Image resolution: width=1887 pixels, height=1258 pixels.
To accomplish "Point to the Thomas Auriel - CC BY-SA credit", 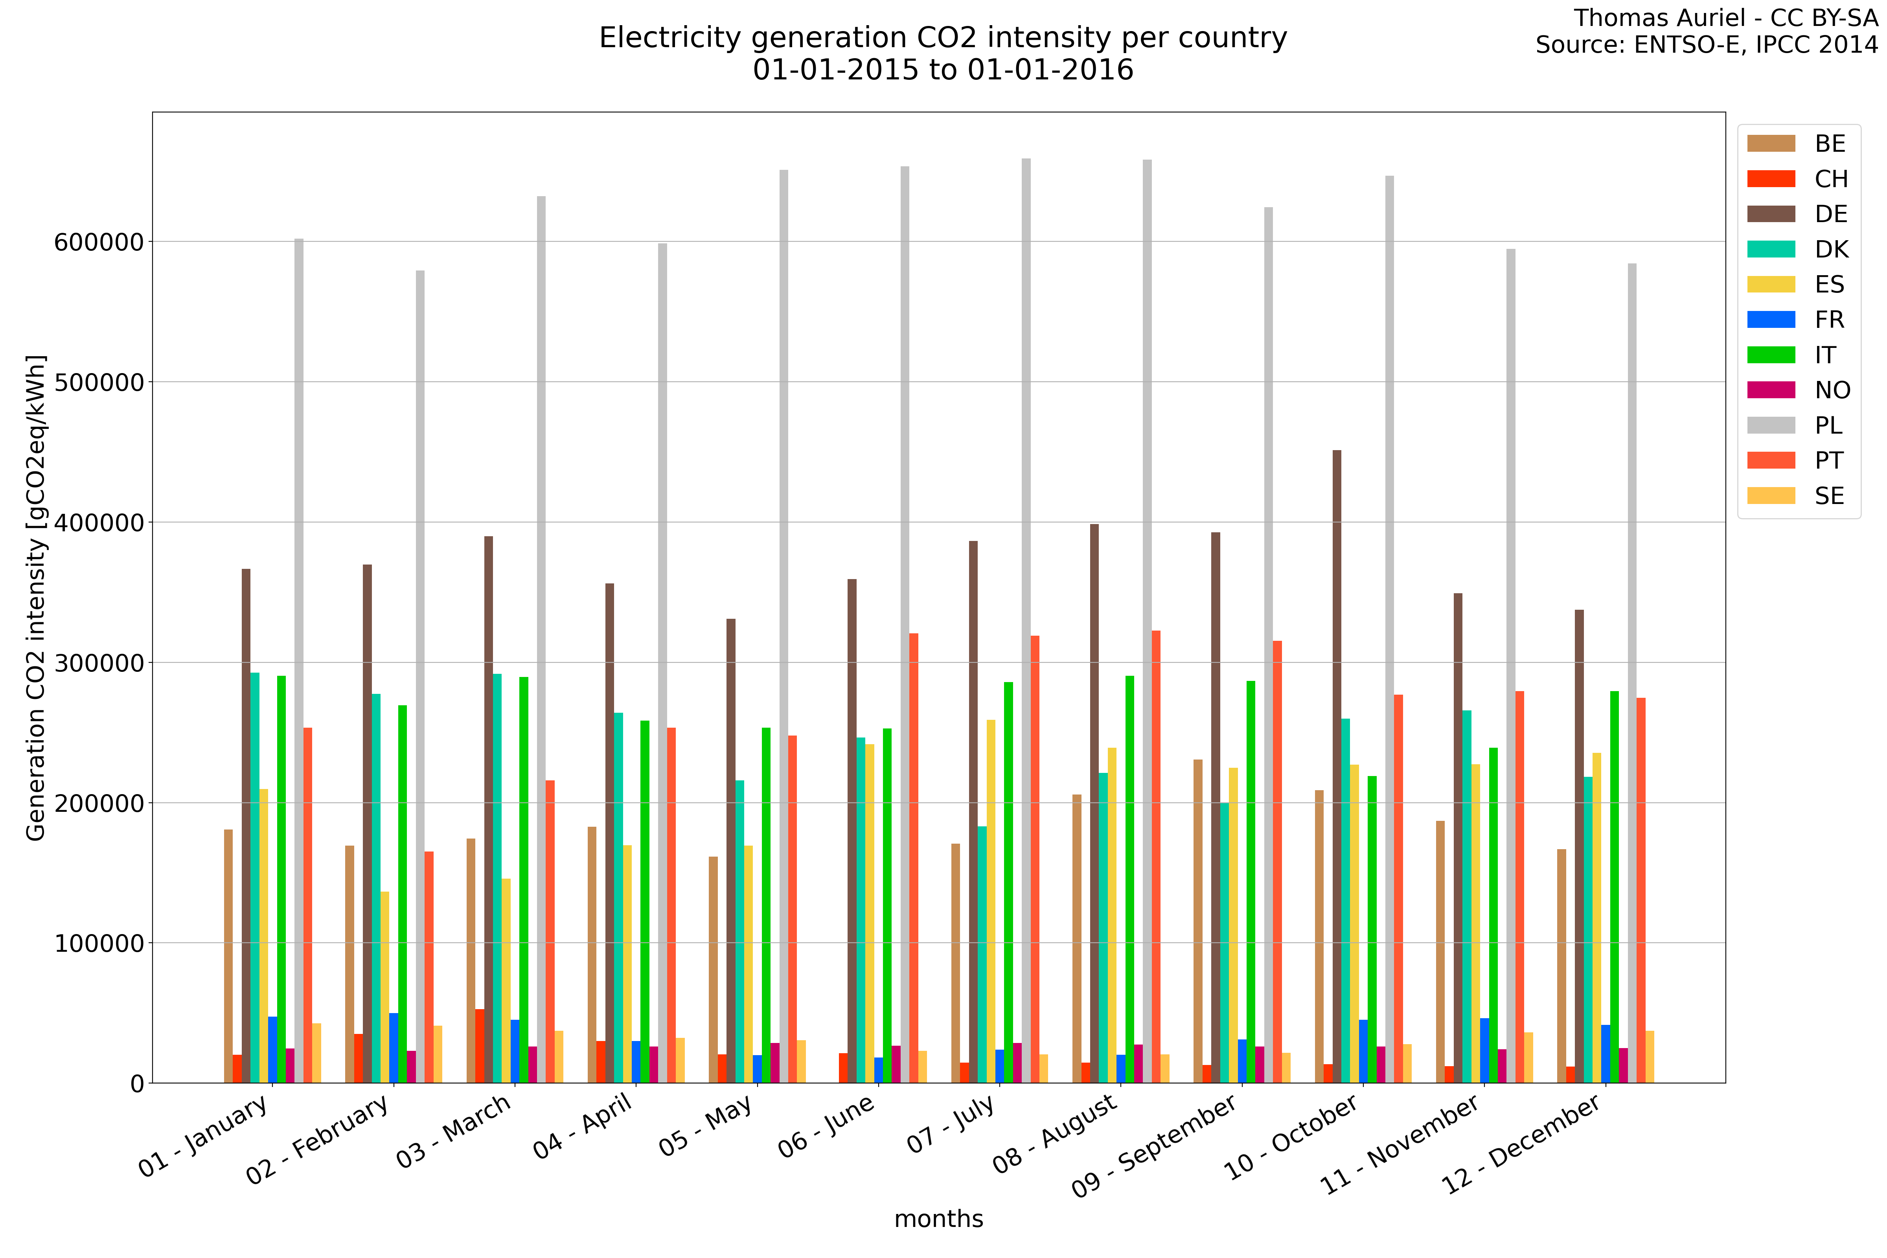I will (1725, 18).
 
